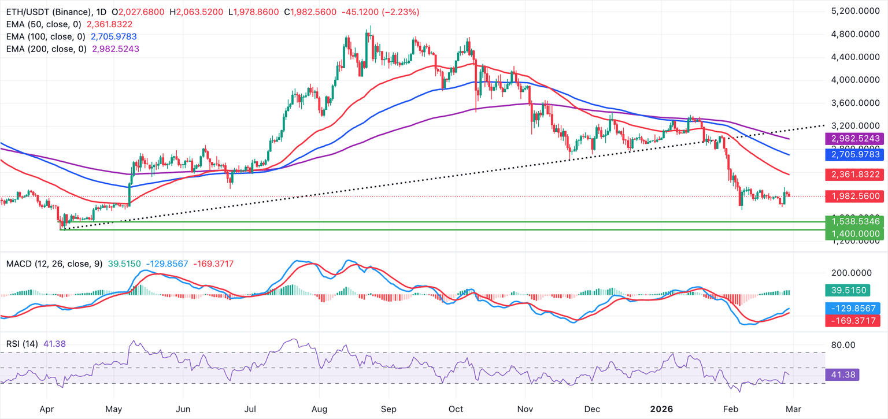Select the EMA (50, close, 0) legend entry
tap(44, 24)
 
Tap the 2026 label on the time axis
tap(661, 409)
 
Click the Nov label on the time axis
tap(525, 409)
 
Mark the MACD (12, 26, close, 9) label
tap(54, 264)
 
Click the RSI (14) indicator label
tap(22, 344)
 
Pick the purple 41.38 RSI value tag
tap(842, 374)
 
